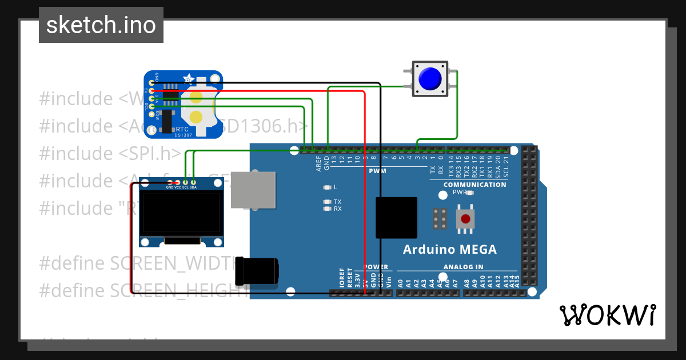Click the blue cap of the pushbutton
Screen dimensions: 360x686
point(429,79)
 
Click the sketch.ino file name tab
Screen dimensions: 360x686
point(101,25)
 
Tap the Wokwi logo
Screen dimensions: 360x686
point(607,315)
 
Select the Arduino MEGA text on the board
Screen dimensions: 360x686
point(449,249)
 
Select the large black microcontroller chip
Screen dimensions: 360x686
point(396,218)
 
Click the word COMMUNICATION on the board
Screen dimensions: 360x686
point(474,185)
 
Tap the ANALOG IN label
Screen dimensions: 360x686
point(463,267)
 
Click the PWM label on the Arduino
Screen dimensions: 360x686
point(377,171)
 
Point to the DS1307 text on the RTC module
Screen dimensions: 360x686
point(184,135)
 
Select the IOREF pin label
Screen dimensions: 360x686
point(342,277)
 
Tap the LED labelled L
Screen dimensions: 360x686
point(327,187)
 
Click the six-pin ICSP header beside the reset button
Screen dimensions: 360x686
point(440,218)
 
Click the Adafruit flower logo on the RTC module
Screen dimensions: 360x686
point(188,78)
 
